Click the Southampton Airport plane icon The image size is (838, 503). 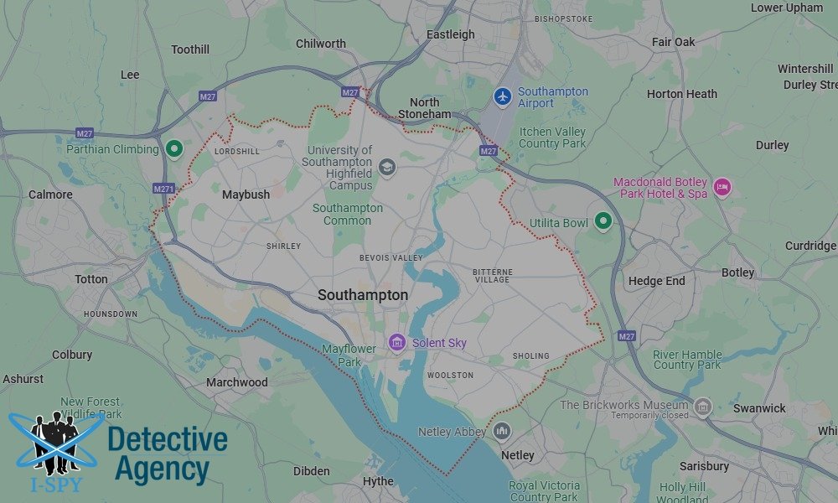502,96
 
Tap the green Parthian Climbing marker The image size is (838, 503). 174,149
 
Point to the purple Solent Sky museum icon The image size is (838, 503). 396,342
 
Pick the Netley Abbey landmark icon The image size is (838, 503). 502,432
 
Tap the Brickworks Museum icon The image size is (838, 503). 702,407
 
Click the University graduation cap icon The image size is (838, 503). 386,166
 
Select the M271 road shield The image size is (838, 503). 164,189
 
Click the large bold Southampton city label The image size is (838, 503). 363,295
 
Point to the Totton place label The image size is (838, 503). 91,279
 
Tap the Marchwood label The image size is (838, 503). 237,382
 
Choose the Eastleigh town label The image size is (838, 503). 451,34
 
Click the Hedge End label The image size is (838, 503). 656,282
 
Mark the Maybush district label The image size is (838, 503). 246,194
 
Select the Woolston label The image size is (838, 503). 450,375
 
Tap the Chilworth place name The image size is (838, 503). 321,44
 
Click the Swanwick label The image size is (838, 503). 759,408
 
